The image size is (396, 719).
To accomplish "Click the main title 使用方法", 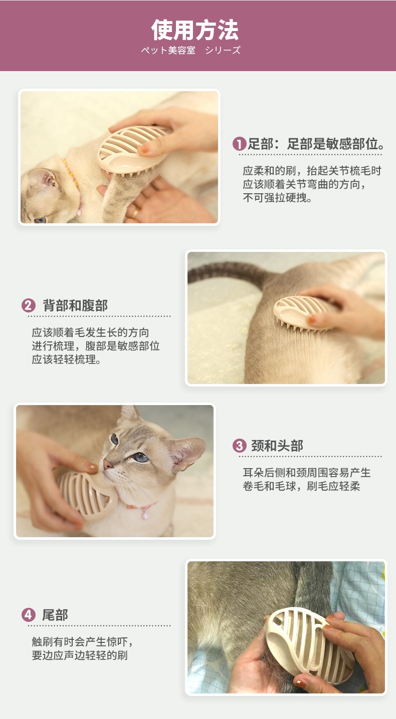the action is point(195,30).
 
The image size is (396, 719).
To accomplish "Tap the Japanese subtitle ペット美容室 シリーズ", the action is point(190,51).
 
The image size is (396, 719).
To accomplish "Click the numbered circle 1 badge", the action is point(239,144).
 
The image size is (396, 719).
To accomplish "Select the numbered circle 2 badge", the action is point(28,305).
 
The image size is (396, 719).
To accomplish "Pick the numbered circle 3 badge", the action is point(239,446).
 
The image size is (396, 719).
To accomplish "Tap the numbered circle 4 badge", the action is point(28,615).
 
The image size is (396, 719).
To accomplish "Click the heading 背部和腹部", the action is point(75,305).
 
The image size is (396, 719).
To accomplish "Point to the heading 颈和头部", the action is point(277,446).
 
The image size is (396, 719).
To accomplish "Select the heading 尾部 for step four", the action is point(55,615).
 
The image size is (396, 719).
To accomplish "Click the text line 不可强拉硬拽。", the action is point(277,198).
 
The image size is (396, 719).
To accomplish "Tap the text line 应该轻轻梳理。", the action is point(67,359).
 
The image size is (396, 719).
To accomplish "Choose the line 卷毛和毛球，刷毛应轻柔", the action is point(301,486).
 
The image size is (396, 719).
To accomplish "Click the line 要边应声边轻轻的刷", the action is point(80,655).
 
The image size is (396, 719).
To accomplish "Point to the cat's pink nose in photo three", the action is point(107,464).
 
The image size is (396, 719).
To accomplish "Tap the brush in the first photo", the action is point(132,151).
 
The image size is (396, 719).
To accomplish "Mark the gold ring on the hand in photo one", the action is point(135,212).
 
